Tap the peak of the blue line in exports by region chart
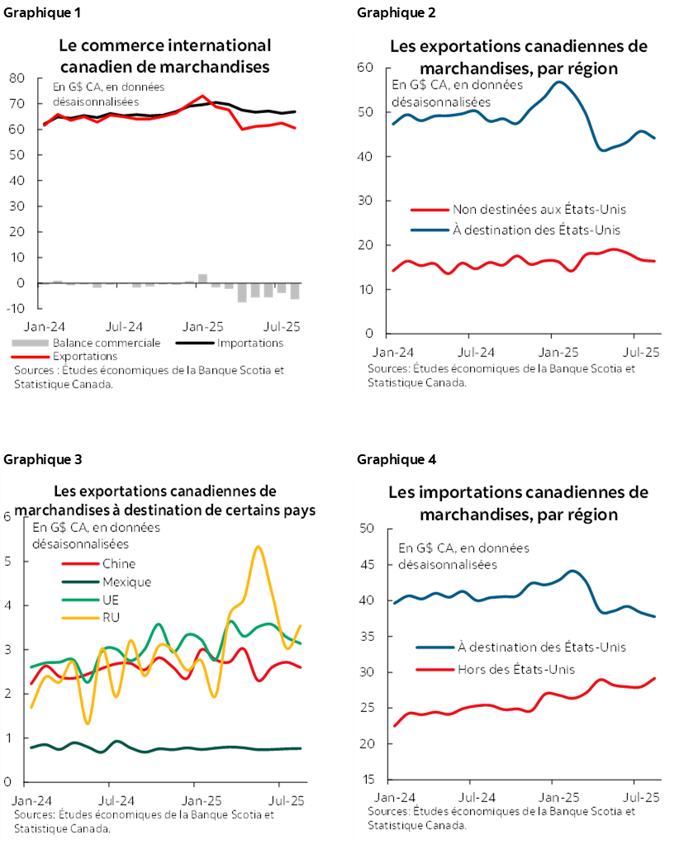pos(560,82)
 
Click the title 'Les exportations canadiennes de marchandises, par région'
pos(519,57)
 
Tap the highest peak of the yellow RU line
pos(259,547)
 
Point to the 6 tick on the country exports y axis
pos(8,517)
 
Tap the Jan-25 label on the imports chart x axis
pos(559,799)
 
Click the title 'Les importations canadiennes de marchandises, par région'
pos(519,503)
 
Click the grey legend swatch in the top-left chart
pos(31,342)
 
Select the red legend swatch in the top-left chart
pos(31,357)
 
